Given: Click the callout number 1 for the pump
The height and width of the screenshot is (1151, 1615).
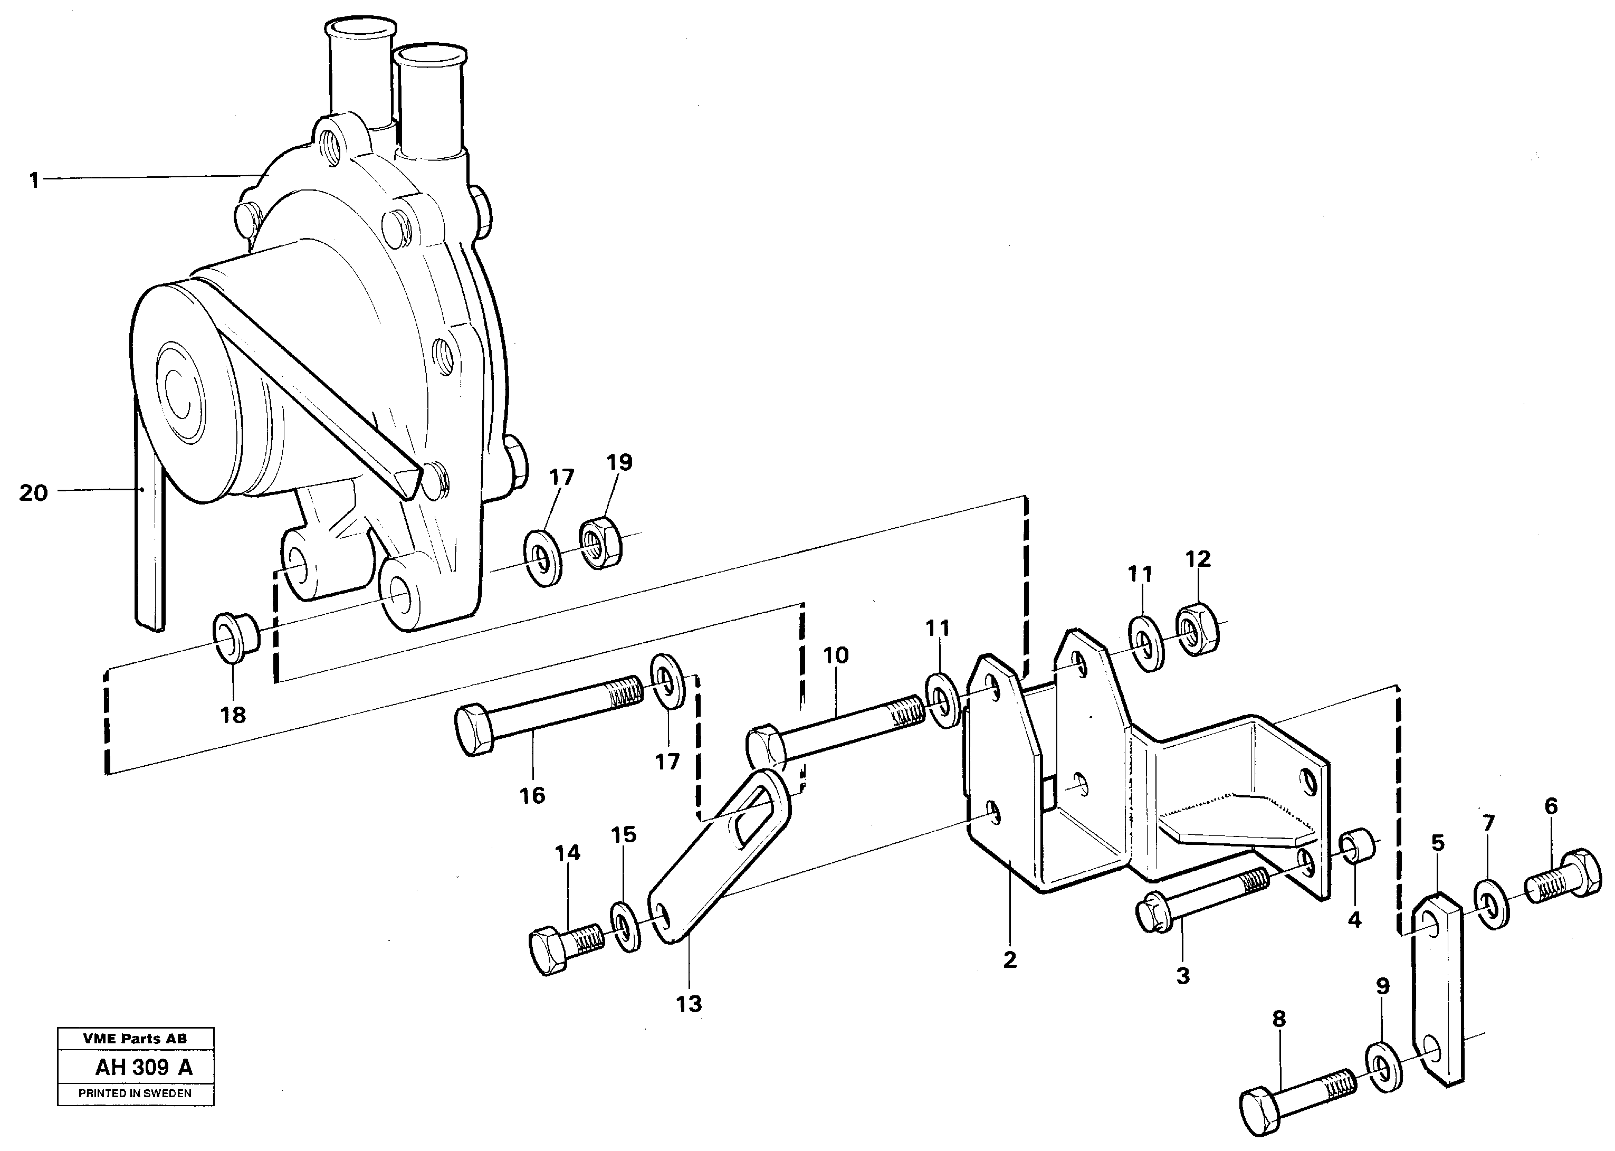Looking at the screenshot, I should (x=33, y=180).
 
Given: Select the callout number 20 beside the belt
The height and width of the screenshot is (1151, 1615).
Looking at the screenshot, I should (x=33, y=492).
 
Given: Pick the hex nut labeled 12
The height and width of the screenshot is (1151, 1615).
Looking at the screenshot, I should (x=1197, y=628).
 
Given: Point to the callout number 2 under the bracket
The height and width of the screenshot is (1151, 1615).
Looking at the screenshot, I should (x=1009, y=959).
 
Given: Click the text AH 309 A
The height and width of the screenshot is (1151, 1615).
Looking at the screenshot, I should (x=144, y=1067).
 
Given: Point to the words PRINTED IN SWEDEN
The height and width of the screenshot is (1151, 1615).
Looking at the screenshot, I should (x=135, y=1093).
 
